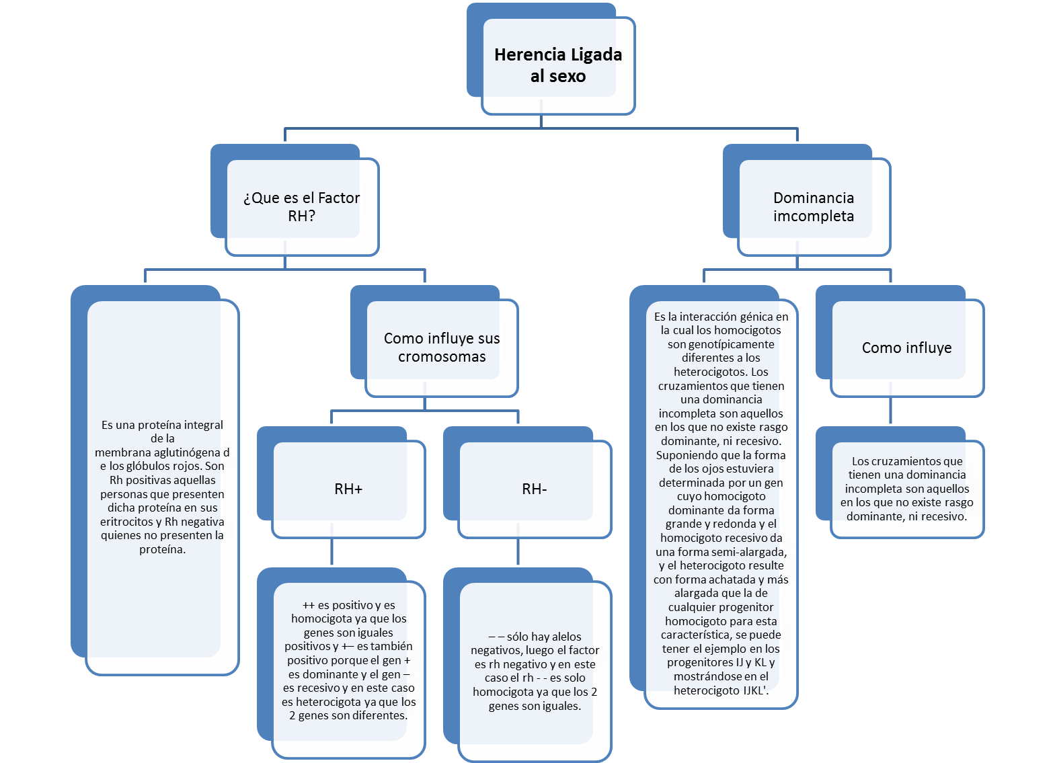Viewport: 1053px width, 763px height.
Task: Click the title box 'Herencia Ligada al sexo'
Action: (x=558, y=65)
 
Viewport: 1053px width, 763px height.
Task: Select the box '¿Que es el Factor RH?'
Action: (x=302, y=206)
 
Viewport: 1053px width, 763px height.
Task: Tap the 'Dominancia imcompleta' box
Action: (x=814, y=206)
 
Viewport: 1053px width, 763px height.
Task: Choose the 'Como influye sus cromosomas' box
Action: (x=442, y=348)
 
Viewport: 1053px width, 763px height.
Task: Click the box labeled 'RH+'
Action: (x=348, y=489)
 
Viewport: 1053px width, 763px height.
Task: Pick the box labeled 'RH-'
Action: (x=535, y=489)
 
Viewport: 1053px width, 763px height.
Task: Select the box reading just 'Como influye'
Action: (x=906, y=348)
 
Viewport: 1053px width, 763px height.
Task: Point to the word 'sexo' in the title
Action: (x=568, y=76)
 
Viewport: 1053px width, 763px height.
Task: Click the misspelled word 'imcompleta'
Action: (x=814, y=216)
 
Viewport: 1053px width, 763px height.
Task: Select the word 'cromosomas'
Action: (x=442, y=357)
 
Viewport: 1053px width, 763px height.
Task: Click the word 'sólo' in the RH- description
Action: (x=517, y=637)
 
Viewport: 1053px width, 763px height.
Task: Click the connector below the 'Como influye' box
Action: (x=890, y=410)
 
